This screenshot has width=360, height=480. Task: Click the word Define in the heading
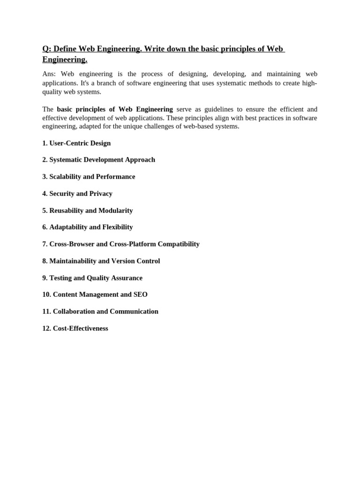pos(66,49)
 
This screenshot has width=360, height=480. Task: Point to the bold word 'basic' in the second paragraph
pos(66,109)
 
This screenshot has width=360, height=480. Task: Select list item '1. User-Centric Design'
pos(76,143)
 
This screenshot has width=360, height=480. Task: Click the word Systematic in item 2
pos(66,160)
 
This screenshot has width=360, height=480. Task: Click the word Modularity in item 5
pos(115,210)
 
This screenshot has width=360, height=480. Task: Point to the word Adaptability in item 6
pos(68,227)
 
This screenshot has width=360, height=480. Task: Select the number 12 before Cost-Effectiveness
pos(46,329)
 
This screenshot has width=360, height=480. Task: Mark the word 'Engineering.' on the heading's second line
pos(65,60)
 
